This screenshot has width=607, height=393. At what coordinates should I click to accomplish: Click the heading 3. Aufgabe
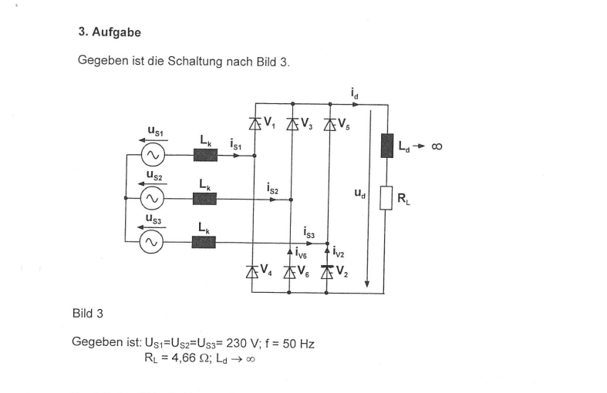[110, 33]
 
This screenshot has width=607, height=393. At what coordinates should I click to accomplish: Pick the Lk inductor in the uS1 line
[204, 155]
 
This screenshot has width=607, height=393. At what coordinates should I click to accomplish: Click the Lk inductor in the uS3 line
[204, 242]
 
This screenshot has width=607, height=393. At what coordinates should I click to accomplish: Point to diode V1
[255, 123]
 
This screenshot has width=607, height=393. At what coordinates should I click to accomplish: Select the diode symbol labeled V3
[292, 123]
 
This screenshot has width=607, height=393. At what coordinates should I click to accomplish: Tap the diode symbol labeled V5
[329, 123]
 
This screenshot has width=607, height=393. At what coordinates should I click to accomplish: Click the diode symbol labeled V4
[251, 270]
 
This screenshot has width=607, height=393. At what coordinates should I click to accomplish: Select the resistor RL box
[387, 198]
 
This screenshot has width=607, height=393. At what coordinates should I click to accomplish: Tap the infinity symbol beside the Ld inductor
[437, 146]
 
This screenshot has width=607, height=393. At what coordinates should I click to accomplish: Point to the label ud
[359, 194]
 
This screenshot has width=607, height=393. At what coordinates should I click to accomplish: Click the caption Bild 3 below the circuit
[87, 314]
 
